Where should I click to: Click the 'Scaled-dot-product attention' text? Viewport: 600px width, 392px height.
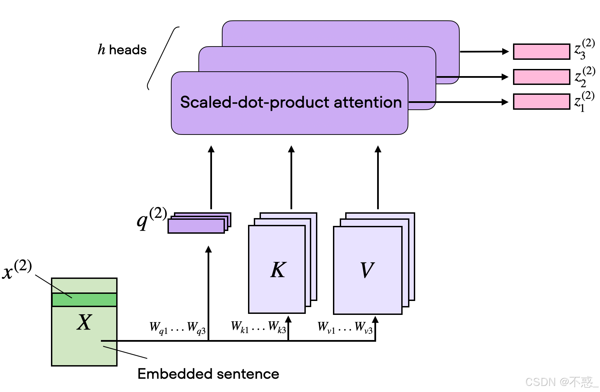tap(291, 102)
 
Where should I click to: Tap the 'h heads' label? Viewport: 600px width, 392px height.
tap(122, 50)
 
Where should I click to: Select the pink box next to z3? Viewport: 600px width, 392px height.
tap(542, 52)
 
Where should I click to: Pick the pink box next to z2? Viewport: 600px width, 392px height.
tap(542, 77)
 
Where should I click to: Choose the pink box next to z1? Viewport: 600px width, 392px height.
tap(542, 102)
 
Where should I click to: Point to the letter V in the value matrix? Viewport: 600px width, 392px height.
tap(367, 270)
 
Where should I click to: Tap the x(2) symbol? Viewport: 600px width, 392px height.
tap(17, 269)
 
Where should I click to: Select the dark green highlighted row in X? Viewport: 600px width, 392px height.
tap(84, 300)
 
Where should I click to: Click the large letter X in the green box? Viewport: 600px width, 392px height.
tap(84, 322)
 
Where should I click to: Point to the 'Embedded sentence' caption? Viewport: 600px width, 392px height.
tap(208, 374)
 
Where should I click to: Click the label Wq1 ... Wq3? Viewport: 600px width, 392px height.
tap(178, 328)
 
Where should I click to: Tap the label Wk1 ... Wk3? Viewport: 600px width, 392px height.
tap(259, 327)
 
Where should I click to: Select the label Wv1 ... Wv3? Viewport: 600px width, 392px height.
tap(345, 327)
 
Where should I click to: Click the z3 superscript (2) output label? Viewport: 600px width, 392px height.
tap(584, 49)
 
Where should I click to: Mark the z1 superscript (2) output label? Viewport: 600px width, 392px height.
tap(584, 101)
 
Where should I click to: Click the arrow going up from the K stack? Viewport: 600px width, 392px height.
tap(291, 177)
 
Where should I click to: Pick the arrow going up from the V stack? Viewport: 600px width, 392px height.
tap(378, 177)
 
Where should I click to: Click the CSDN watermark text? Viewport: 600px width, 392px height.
tap(562, 382)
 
